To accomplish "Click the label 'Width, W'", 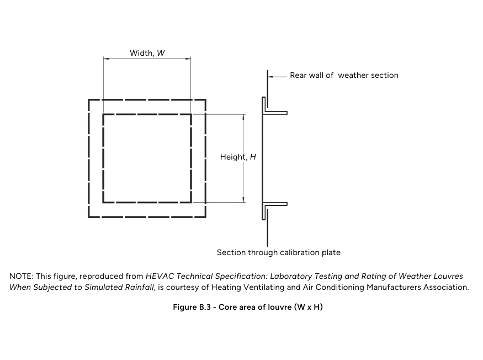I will click(147, 53).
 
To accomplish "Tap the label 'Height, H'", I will click(238, 157).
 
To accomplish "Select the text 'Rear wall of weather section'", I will click(344, 75).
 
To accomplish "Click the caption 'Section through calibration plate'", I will click(278, 252).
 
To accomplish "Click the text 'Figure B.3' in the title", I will click(194, 307).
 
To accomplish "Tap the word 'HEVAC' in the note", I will click(159, 276).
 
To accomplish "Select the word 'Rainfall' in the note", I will click(141, 287).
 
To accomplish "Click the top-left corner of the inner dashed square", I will click(104, 115).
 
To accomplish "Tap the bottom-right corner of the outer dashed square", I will click(205, 216).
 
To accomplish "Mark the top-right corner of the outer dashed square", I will click(205, 100).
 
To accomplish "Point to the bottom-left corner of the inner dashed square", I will click(104, 202).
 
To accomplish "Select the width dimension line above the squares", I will click(147, 59).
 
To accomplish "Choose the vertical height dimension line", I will click(243, 182).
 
